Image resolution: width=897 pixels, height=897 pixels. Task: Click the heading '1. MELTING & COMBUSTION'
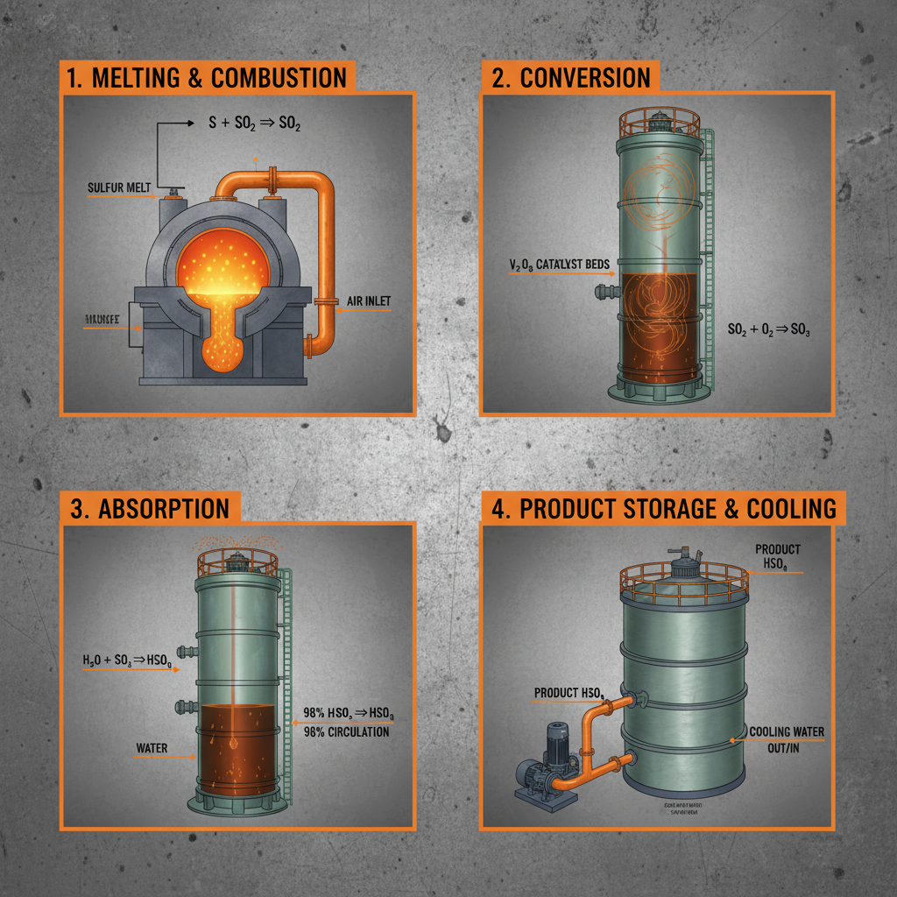[208, 77]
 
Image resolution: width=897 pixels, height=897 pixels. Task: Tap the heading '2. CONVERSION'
[572, 77]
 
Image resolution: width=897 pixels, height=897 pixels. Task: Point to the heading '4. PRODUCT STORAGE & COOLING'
[663, 509]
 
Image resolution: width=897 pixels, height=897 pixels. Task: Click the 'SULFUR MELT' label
[119, 187]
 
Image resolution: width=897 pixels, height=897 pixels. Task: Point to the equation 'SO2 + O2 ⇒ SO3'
[770, 330]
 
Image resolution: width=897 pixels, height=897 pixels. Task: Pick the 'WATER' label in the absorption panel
[152, 749]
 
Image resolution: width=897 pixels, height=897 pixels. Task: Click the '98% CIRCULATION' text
[346, 731]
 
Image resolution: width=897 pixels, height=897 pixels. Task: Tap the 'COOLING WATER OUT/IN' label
[786, 738]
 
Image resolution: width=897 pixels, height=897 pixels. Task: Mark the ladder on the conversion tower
[710, 263]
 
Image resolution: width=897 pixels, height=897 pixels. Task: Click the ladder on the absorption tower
[286, 666]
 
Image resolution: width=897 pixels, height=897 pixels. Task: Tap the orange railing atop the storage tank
[683, 579]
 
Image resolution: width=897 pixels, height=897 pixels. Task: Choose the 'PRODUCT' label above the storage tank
[777, 549]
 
